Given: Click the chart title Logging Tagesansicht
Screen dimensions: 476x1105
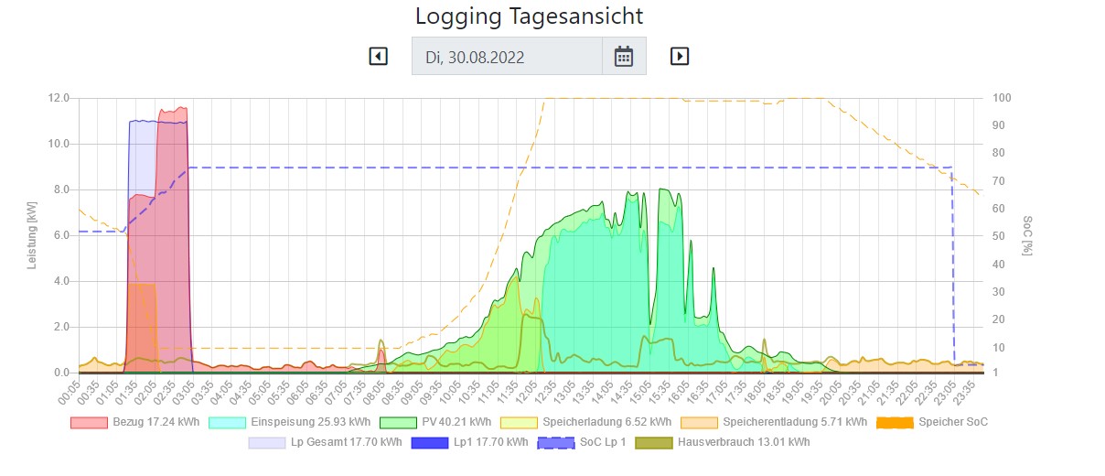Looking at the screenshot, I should tap(529, 16).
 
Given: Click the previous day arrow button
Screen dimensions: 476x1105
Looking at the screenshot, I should tap(378, 56).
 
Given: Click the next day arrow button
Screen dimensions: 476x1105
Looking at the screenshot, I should tap(679, 56).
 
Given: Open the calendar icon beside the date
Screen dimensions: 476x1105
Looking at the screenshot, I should tap(624, 56).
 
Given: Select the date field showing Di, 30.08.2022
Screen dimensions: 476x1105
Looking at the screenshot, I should tap(507, 56).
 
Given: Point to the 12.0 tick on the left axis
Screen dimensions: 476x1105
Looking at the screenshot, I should tap(59, 99).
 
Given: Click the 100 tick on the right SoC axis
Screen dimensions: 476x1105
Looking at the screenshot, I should tap(1003, 99).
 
